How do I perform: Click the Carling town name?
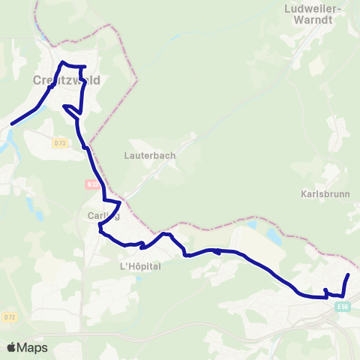(98, 216)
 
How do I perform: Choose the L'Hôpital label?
(140, 266)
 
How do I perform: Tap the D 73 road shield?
(60, 142)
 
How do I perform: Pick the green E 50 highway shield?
(343, 307)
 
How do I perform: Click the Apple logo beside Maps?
(11, 347)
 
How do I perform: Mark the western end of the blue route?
(11, 124)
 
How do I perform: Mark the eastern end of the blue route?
(349, 275)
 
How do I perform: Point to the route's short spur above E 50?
(325, 290)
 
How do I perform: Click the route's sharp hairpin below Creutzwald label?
(65, 106)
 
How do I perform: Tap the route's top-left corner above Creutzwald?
(63, 62)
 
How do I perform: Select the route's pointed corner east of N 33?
(119, 202)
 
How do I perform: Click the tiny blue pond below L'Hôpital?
(138, 279)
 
